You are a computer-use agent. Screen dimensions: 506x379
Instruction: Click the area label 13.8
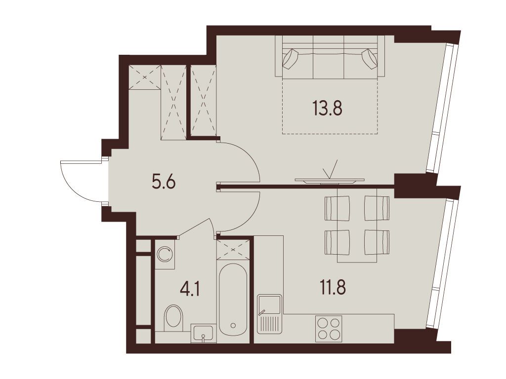327,108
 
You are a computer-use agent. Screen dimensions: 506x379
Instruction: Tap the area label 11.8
333,288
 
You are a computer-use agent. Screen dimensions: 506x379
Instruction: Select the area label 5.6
163,183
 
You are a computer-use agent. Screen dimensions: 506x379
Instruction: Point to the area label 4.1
190,289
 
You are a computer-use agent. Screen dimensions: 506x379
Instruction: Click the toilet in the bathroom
173,317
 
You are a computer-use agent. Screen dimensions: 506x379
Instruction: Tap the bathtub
233,300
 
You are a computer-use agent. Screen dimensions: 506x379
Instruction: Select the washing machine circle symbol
165,254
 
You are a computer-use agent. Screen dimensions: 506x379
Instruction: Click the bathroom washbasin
203,334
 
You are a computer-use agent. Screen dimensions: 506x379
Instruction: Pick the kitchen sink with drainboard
269,314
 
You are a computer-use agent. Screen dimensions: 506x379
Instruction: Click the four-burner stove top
329,329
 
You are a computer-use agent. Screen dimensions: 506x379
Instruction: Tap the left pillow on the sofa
291,58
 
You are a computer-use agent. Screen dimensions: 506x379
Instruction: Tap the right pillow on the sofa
370,58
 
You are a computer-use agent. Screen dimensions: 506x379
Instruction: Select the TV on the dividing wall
330,181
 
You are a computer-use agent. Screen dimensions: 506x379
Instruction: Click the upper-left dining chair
337,208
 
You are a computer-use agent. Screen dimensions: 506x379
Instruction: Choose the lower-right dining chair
377,242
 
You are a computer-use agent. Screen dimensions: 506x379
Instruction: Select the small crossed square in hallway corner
144,77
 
